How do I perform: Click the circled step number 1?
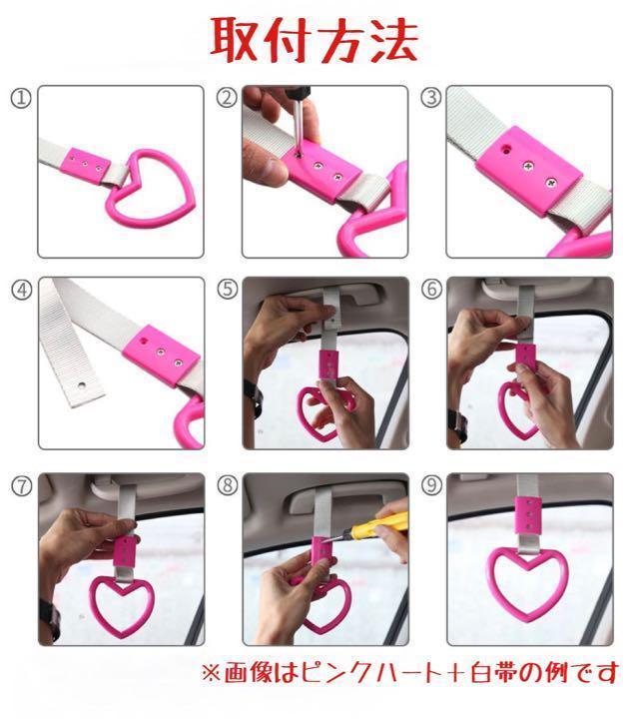[21, 99]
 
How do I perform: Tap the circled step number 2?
[227, 98]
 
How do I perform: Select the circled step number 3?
[431, 98]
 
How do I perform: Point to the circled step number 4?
[22, 290]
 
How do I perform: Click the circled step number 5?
[228, 290]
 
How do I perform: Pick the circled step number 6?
[431, 289]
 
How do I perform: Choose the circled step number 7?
[22, 486]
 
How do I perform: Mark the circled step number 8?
[228, 485]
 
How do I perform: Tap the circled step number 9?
[431, 485]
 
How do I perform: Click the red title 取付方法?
[315, 40]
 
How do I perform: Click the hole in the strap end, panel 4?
[82, 384]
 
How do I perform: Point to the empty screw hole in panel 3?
[506, 149]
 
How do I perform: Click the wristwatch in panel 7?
[51, 619]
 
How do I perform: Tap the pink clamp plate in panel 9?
[527, 515]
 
